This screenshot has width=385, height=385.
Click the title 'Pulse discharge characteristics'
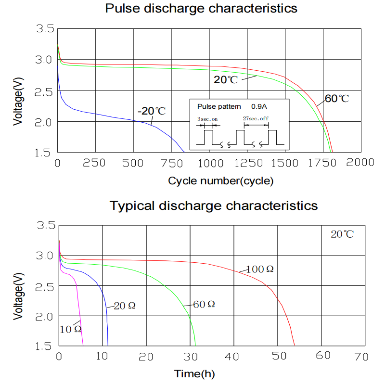click(x=201, y=9)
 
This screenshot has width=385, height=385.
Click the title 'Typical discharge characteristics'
click(x=214, y=206)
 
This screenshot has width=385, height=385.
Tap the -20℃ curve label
click(x=152, y=111)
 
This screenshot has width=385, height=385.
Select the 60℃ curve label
click(x=336, y=99)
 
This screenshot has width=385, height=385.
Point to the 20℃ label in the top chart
click(x=226, y=80)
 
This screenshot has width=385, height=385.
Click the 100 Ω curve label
click(x=260, y=269)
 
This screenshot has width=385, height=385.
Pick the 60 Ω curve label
click(x=204, y=304)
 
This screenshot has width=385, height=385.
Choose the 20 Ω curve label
click(x=125, y=306)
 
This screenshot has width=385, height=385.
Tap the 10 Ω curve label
click(x=70, y=329)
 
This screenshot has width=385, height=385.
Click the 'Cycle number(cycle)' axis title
click(x=221, y=181)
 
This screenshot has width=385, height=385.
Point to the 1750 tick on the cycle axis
click(x=323, y=163)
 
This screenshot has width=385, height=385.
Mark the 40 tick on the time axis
click(x=234, y=357)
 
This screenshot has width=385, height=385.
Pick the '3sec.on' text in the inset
click(x=207, y=118)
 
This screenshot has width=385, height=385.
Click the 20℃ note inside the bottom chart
click(x=342, y=235)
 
